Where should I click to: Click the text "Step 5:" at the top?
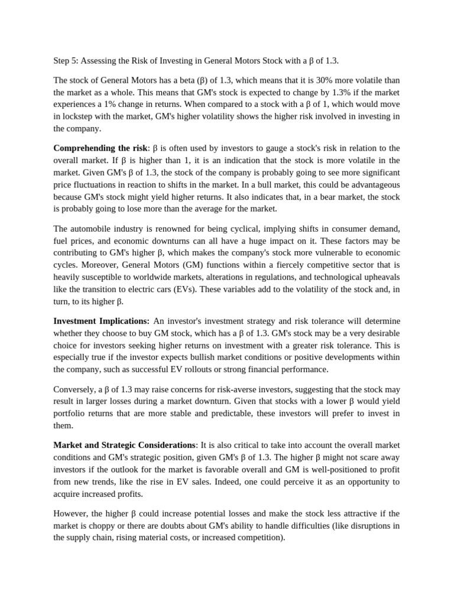(x=66, y=61)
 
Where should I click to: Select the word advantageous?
(x=371, y=184)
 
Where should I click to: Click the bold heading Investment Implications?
(x=101, y=321)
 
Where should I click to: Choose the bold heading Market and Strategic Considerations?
(x=124, y=445)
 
